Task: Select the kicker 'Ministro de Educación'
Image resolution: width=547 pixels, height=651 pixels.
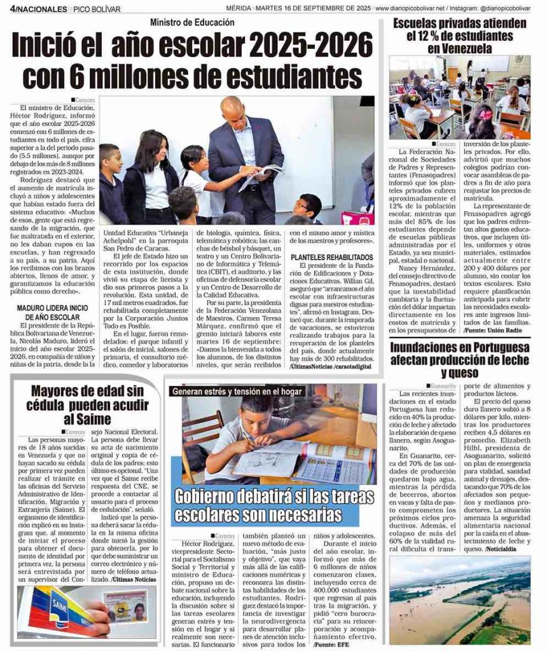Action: pyautogui.click(x=192, y=23)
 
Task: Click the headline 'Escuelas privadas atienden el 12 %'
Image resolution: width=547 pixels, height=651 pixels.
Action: pyautogui.click(x=459, y=36)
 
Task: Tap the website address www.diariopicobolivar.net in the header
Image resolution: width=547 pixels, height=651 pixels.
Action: pyautogui.click(x=410, y=8)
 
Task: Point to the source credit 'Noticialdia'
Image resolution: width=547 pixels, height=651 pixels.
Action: pyautogui.click(x=505, y=548)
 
